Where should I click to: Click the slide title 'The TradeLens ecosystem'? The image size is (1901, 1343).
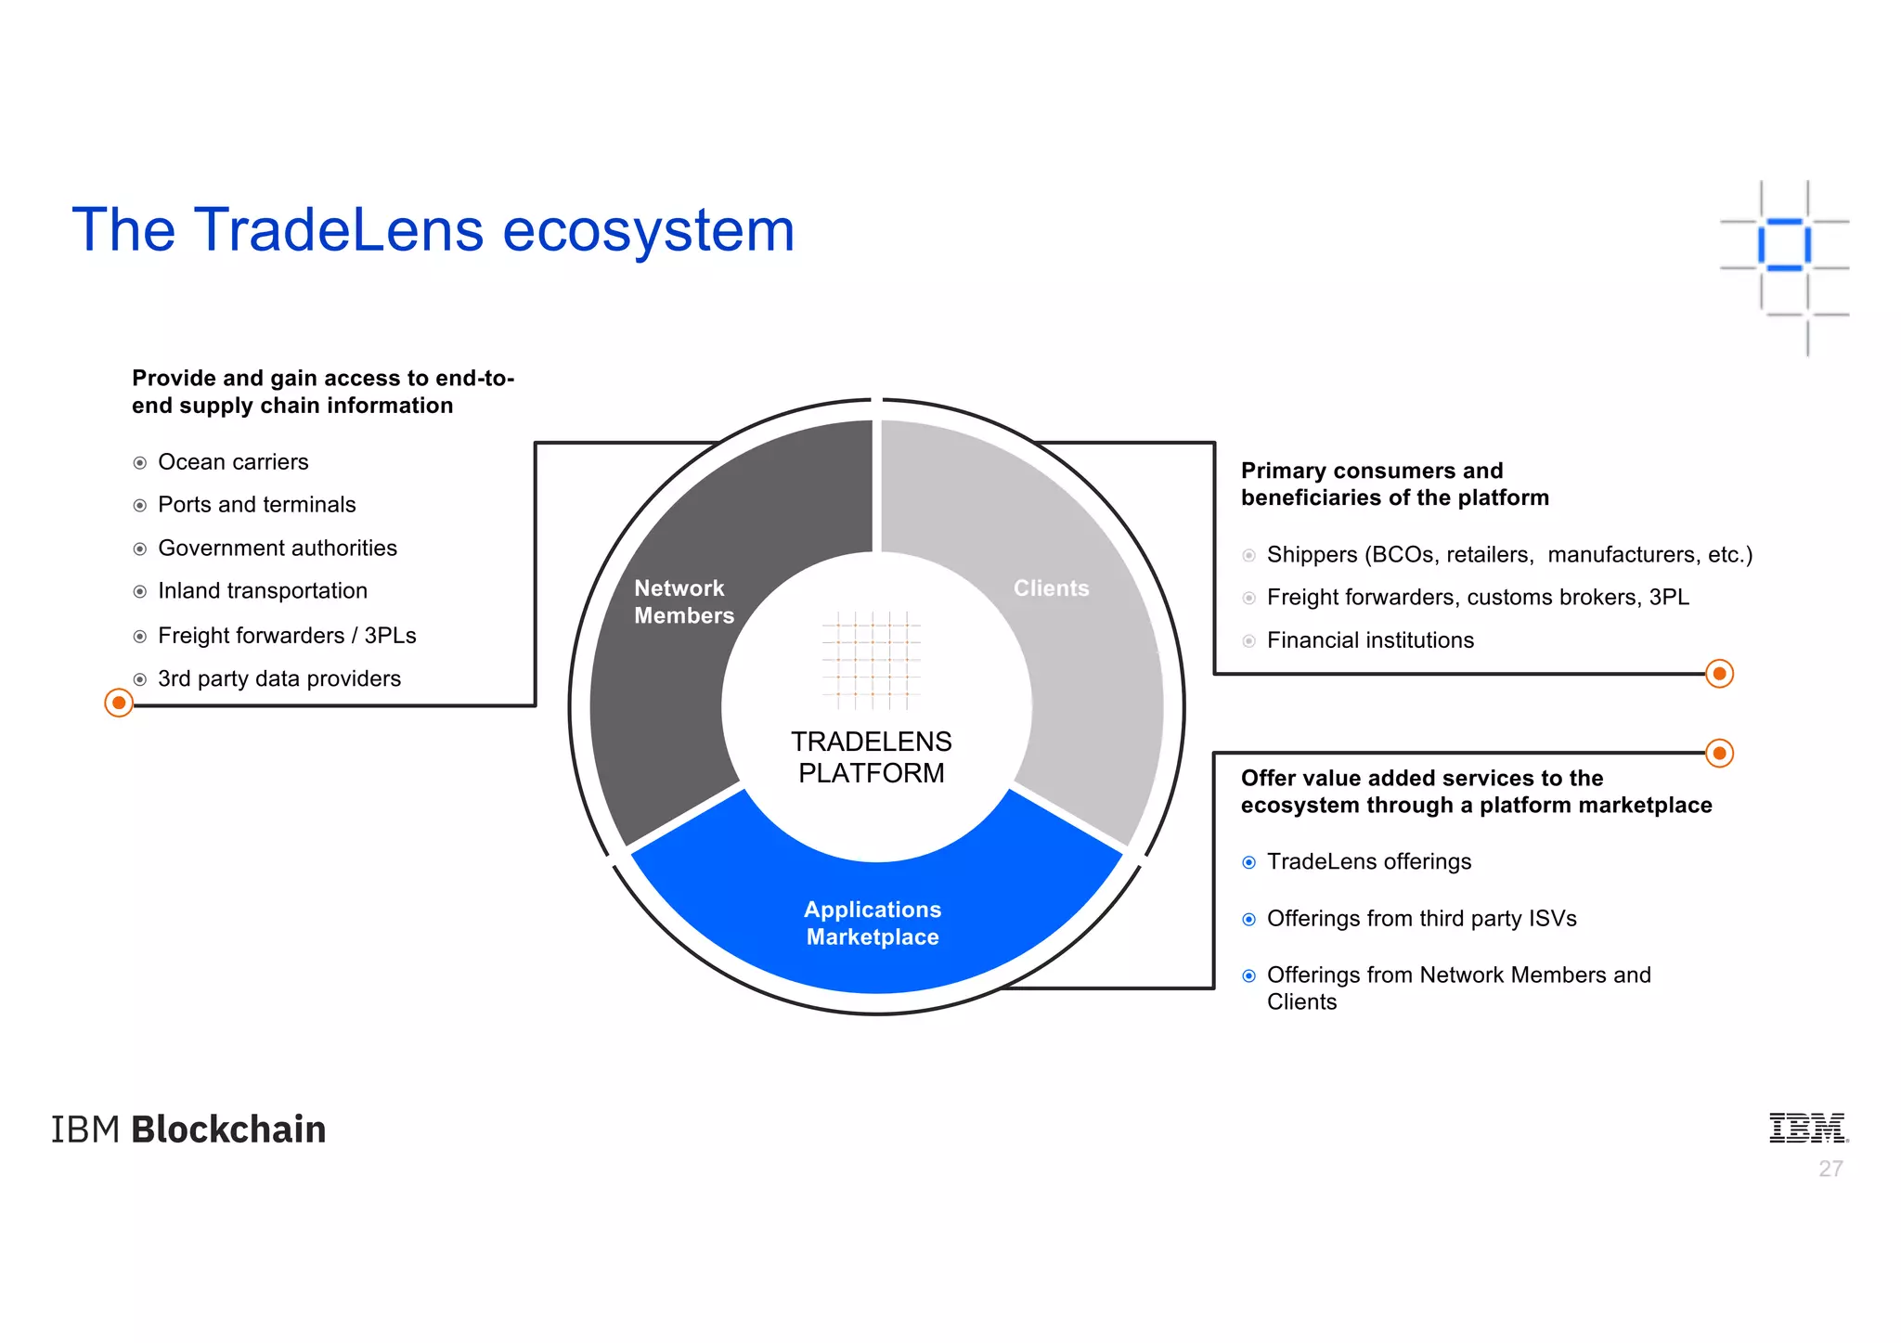(433, 230)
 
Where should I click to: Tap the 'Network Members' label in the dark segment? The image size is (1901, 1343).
(683, 601)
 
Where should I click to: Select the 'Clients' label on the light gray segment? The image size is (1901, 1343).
(1051, 588)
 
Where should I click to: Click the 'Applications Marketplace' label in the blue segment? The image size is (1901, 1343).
(873, 923)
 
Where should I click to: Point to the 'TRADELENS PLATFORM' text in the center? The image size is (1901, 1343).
(871, 757)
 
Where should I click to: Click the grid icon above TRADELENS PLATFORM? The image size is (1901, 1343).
(871, 660)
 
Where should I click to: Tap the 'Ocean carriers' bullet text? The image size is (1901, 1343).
(233, 462)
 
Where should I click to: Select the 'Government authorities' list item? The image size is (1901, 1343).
(278, 549)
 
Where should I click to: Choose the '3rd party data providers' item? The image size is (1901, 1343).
(279, 679)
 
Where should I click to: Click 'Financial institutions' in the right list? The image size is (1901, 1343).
(1370, 640)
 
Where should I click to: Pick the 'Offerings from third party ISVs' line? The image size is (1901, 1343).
(1421, 919)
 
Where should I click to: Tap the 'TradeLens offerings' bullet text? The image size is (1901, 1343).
(1369, 862)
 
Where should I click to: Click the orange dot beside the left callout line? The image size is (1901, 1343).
(119, 703)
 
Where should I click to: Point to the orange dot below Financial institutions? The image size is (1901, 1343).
(1719, 674)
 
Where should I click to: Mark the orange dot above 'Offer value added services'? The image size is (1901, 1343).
(1719, 753)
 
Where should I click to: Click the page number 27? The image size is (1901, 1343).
(1830, 1169)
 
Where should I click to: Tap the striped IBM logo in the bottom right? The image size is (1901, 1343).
(1807, 1128)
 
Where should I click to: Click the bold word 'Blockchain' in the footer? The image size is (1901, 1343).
(228, 1130)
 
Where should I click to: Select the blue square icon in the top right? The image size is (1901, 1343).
(1784, 245)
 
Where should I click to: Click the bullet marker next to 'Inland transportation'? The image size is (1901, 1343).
(140, 592)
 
